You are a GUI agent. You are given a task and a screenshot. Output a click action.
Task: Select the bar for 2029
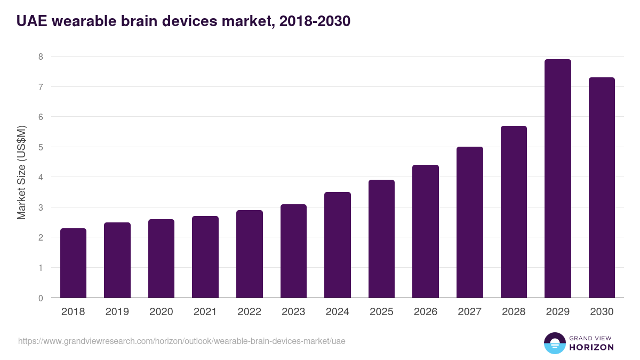pos(557,179)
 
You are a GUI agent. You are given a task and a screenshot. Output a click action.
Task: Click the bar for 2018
pos(73,263)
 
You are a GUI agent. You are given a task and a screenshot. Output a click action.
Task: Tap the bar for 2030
pos(602,188)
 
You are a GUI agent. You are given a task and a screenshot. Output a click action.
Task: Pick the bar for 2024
pos(338,245)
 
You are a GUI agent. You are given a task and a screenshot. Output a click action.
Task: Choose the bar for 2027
pos(469,222)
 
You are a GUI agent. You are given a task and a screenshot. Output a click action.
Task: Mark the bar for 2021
pos(205,257)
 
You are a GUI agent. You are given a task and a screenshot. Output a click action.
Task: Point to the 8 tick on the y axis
pos(41,57)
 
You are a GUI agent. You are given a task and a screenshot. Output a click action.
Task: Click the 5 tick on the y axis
pos(41,147)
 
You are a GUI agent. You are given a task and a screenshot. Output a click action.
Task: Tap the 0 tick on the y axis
pos(41,298)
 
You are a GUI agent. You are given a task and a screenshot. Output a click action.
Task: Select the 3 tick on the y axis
pos(41,207)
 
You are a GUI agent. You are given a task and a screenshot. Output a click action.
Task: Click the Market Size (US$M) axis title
pos(21,172)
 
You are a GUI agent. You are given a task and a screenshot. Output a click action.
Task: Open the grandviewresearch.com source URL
pos(182,341)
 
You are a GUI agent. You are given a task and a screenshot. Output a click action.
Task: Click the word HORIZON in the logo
pos(591,347)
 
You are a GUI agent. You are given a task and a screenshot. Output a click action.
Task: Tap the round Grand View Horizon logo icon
pos(555,343)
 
